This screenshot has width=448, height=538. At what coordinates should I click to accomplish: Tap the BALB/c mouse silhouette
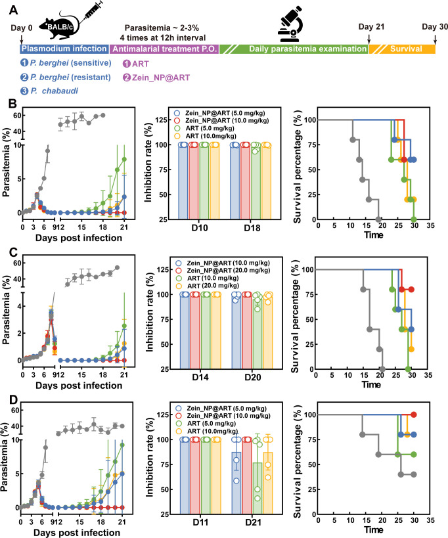coord(59,26)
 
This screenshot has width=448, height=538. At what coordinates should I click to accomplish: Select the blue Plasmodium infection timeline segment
coord(64,49)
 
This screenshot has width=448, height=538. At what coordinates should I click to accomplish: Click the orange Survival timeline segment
coord(403,49)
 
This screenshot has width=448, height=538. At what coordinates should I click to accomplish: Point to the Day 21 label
coord(371,27)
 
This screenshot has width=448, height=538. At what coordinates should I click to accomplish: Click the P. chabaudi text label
coord(55,91)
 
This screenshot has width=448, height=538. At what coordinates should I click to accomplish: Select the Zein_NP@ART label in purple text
coord(161,78)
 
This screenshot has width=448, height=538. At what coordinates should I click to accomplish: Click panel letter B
coord(12,104)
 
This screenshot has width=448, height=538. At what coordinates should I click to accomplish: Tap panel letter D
coord(13,400)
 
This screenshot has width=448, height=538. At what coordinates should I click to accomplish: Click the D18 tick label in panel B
coord(252,228)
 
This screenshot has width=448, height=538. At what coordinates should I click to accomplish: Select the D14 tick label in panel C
coord(200,378)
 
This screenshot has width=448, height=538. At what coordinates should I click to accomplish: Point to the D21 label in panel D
coord(253,522)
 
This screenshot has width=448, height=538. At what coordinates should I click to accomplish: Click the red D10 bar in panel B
coord(194,181)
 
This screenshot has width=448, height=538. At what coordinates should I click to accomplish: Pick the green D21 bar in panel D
coord(258,488)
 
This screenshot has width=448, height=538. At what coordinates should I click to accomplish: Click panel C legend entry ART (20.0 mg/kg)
coord(213,286)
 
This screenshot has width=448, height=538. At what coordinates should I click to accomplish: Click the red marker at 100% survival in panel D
coord(414,415)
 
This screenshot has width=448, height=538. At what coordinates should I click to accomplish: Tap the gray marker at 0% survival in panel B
coord(378,219)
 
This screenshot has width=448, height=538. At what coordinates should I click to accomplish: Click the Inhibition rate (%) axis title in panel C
coord(150,312)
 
